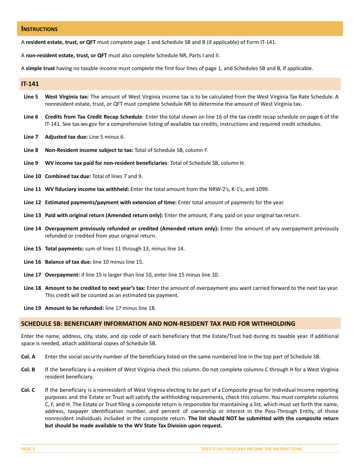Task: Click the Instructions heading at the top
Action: coord(39,29)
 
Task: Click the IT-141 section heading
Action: coord(30,84)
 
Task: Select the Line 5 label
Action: coord(31,97)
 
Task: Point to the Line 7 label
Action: coord(31,137)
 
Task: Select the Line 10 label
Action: coord(32,176)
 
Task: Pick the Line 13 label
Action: coord(32,215)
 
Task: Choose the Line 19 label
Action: coord(32,308)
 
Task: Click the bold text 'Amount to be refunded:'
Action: coord(74,308)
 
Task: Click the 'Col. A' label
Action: coord(28,357)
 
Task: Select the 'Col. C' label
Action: coord(28,390)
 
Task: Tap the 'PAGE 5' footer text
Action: coord(28,449)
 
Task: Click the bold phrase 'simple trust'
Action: coord(40,68)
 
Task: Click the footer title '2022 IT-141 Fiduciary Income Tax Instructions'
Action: coord(252,449)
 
